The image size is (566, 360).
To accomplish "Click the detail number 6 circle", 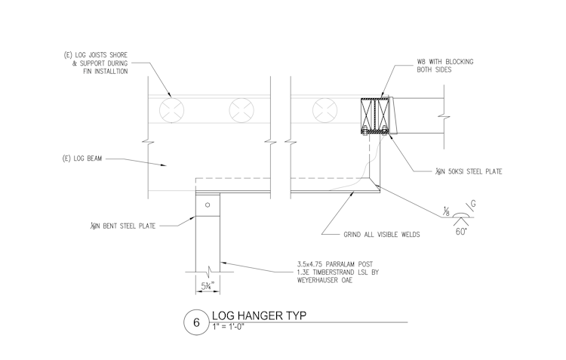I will (196, 322).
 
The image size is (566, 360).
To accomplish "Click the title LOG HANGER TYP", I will (251, 315).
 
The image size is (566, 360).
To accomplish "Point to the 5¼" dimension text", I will (208, 285).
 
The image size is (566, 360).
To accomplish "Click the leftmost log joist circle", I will (170, 111).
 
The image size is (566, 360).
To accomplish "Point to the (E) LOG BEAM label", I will (82, 158).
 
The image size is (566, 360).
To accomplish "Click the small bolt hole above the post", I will (208, 204).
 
